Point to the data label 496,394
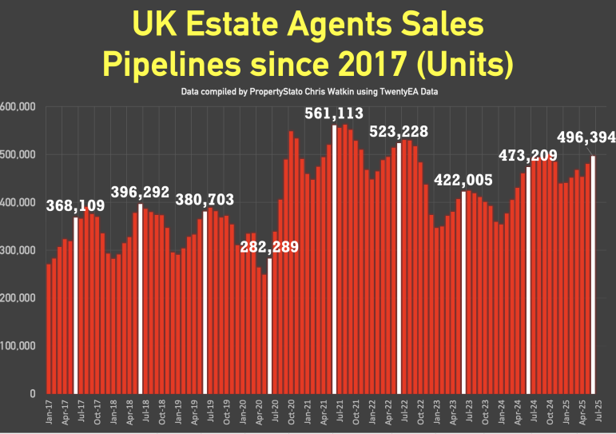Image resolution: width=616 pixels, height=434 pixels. [587, 139]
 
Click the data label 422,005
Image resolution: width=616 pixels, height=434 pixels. [464, 181]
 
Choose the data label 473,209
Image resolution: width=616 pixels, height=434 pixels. [527, 155]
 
